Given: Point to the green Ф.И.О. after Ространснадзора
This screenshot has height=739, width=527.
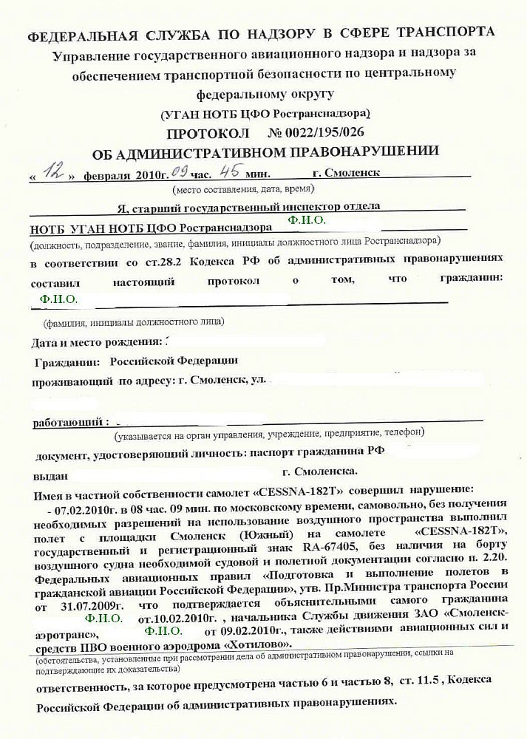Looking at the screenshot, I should pyautogui.click(x=307, y=220).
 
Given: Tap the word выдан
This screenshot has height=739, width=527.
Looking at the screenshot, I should pyautogui.click(x=51, y=470).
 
